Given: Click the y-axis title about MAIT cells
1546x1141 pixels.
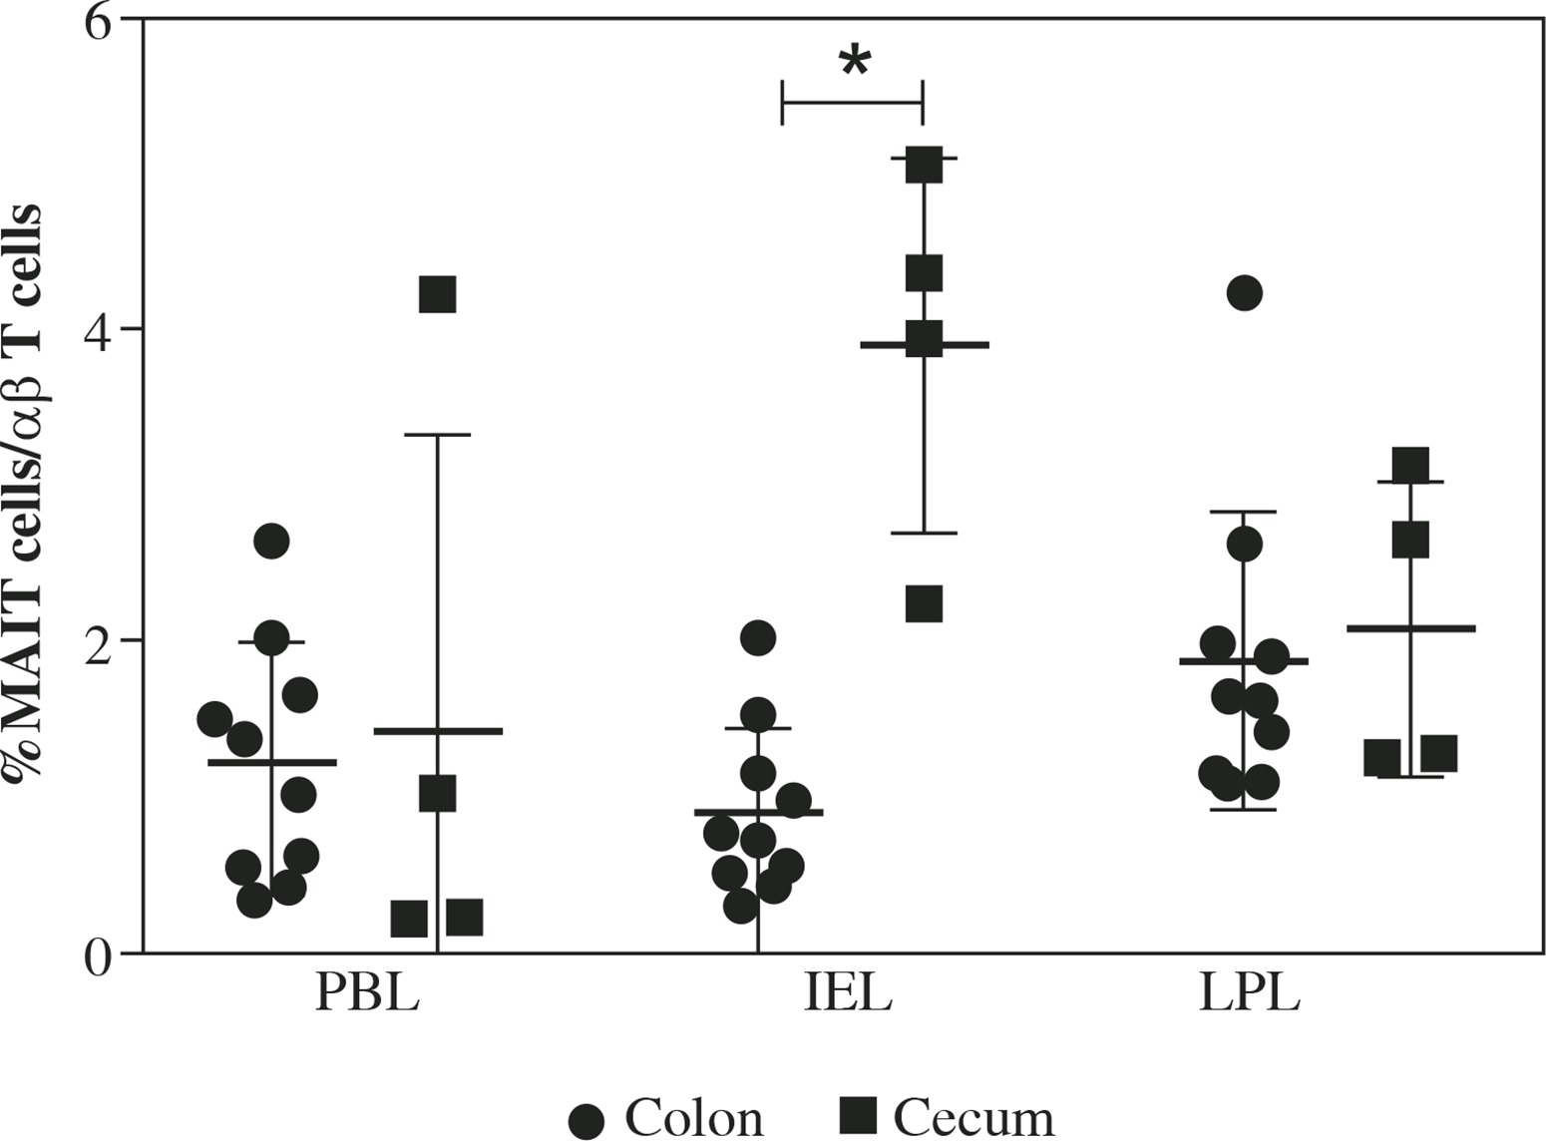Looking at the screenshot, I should click(x=24, y=495).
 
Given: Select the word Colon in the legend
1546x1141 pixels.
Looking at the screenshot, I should click(x=694, y=1118).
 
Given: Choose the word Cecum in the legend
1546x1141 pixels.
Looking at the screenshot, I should click(x=972, y=1118).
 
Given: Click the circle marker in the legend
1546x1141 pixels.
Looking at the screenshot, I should click(x=586, y=1120).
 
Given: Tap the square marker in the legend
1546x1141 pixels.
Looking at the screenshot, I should click(x=858, y=1115).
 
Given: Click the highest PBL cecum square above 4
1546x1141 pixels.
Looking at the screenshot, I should click(x=438, y=295).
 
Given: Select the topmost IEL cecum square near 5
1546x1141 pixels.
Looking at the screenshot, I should click(x=924, y=165).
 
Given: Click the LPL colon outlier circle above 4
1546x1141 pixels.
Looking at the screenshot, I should click(x=1245, y=293).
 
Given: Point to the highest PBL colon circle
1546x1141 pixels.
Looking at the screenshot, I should click(x=271, y=542).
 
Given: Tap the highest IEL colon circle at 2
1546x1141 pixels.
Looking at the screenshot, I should click(x=758, y=637).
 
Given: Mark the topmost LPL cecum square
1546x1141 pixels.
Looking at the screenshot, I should click(x=1410, y=465).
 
